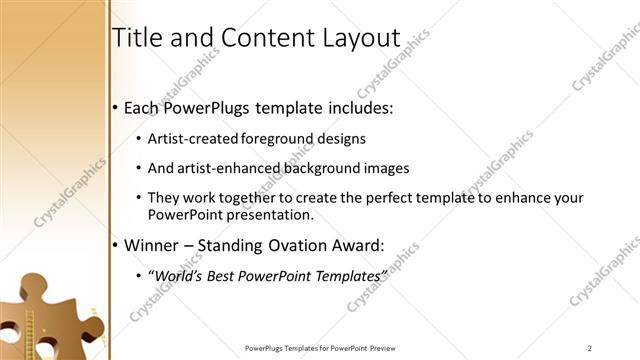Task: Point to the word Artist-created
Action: tap(194, 139)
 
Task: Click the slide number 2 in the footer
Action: tap(590, 348)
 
